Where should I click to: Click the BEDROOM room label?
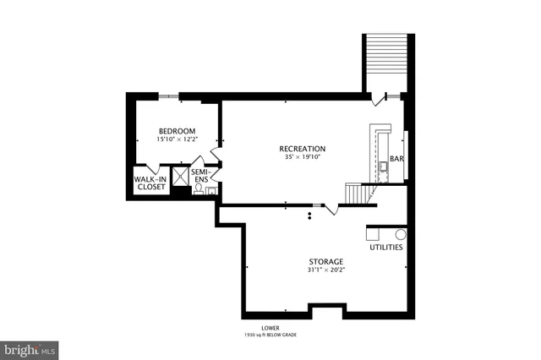tap(178, 130)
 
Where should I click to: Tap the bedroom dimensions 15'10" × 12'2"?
tap(178, 139)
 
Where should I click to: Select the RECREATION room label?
tap(303, 149)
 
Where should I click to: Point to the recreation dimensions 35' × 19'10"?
tap(303, 157)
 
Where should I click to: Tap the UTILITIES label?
tap(386, 247)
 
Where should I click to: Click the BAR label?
tap(396, 158)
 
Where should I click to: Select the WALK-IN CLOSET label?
tap(149, 183)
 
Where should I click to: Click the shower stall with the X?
tap(180, 176)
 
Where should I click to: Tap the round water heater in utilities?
tap(401, 234)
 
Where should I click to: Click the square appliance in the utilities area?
tap(375, 232)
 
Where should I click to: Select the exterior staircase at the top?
tap(387, 63)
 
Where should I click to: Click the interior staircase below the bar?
tap(358, 194)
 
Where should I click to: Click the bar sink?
tap(383, 166)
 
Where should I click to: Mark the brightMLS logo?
tap(30, 348)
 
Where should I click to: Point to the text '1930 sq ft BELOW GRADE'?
tap(270, 335)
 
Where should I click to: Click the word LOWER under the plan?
tap(270, 327)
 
